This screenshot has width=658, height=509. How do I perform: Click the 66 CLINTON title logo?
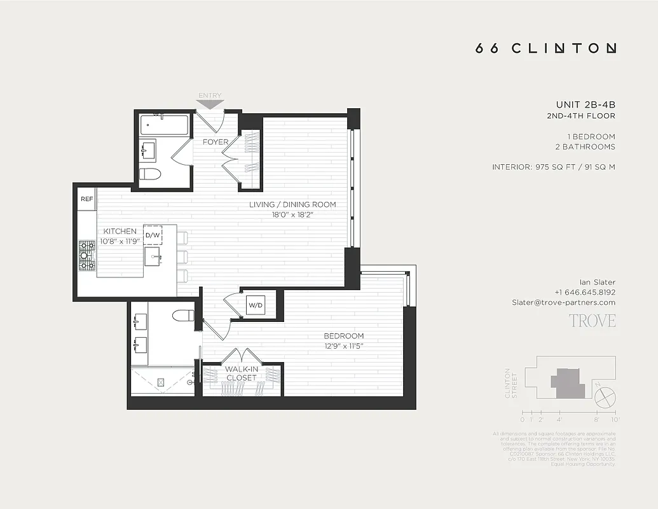pos(545,48)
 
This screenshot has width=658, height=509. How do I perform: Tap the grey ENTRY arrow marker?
pos(210,102)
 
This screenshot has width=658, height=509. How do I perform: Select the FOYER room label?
pos(216,142)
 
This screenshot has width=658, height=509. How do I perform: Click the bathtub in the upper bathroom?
pos(164,125)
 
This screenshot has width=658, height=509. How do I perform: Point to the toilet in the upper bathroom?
pos(150,174)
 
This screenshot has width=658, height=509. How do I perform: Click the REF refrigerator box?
pos(87,199)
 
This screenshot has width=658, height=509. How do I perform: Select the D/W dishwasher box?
pos(153,235)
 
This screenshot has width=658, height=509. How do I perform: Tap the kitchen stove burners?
pos(87,255)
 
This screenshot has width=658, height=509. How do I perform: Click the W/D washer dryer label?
pos(255,306)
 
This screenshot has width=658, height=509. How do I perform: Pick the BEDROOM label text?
pos(343,336)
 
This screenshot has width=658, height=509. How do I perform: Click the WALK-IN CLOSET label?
pos(241,373)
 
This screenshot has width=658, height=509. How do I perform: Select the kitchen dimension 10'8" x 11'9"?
pos(120,242)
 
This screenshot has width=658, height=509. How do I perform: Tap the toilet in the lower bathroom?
pos(184,315)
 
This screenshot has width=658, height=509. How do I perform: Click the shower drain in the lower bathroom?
pos(161,382)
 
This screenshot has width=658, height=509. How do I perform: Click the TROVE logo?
pos(592,320)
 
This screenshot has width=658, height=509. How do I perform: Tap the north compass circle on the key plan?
pos(605,399)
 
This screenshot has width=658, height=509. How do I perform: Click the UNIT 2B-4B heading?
pos(585,104)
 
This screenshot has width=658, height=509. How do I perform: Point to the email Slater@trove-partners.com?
pos(563,302)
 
